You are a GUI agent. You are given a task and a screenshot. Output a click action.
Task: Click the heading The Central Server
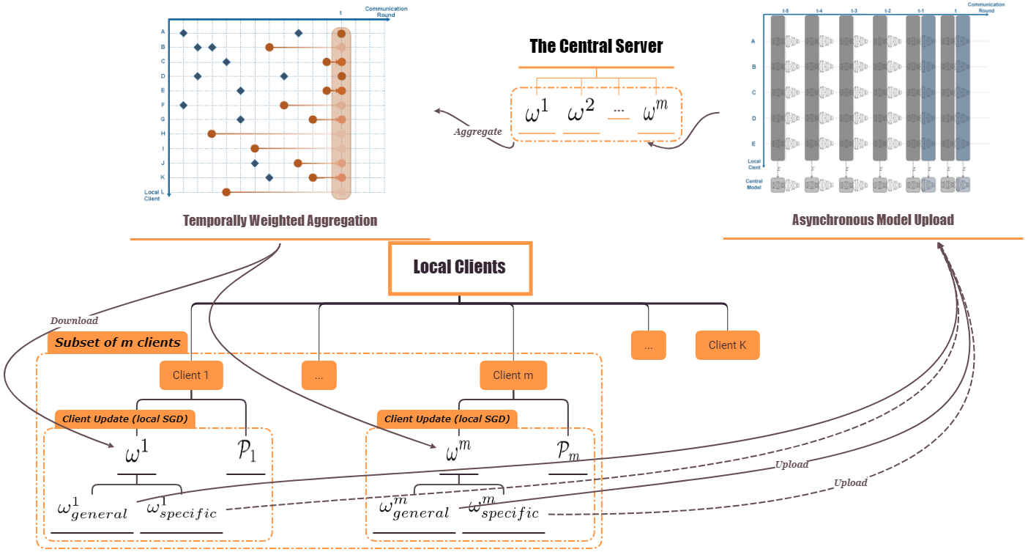click(x=596, y=46)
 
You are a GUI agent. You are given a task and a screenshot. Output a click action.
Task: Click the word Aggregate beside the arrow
click(x=477, y=132)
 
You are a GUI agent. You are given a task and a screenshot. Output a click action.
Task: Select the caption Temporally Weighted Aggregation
click(x=280, y=221)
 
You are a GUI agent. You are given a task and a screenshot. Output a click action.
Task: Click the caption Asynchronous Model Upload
click(x=873, y=220)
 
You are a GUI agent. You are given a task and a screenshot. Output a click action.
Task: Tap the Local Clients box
click(x=459, y=268)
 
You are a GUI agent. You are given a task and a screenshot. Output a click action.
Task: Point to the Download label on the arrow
click(x=74, y=320)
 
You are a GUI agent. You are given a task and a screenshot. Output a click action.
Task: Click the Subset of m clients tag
click(x=118, y=342)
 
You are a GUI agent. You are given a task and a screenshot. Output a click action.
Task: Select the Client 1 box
click(x=191, y=375)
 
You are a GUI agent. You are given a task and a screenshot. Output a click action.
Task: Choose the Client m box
click(x=513, y=375)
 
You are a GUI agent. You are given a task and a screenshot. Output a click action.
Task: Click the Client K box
click(x=727, y=345)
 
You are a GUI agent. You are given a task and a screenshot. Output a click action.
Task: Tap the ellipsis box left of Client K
click(x=648, y=345)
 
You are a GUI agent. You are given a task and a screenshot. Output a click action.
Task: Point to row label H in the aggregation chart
click(x=163, y=133)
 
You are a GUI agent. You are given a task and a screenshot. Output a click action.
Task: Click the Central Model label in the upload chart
click(x=754, y=184)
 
